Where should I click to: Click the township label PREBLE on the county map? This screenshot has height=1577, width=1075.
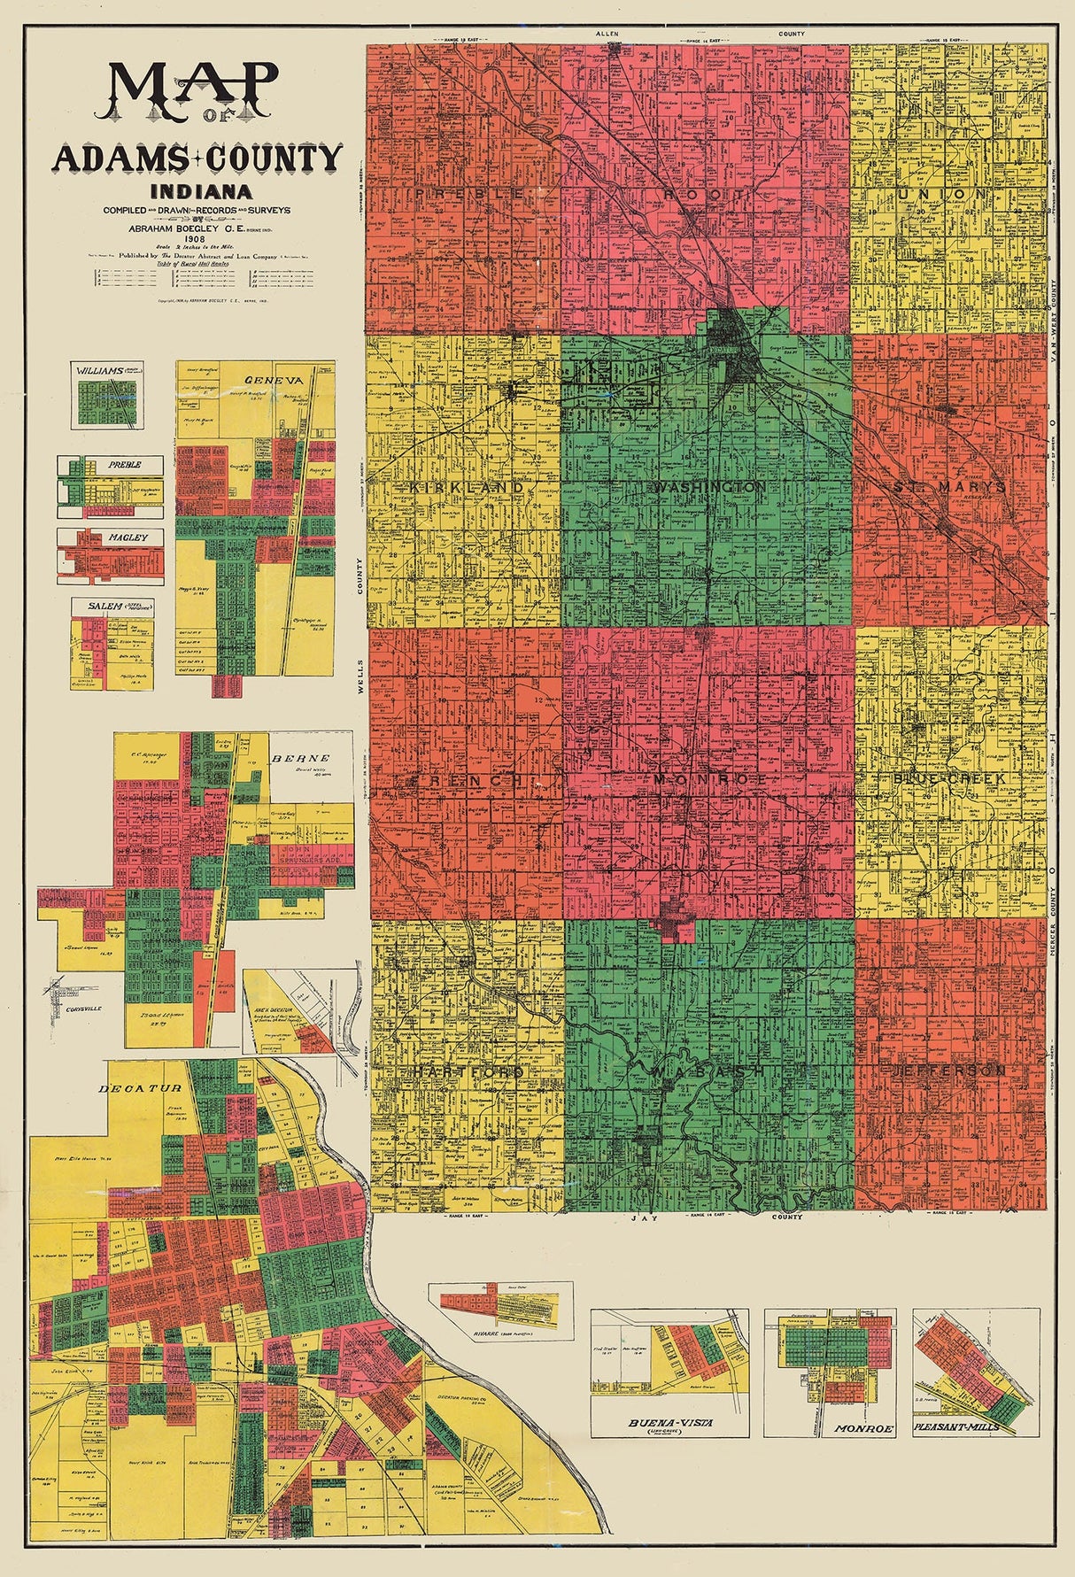pos(463,192)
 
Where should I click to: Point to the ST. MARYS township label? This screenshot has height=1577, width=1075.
pos(949,487)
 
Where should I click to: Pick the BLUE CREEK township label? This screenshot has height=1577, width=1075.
pos(949,778)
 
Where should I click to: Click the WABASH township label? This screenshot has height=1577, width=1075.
pos(708,1071)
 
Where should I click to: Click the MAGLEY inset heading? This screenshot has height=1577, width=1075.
pos(112,537)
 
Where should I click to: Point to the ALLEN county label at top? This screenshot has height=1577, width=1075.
pos(610,34)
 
